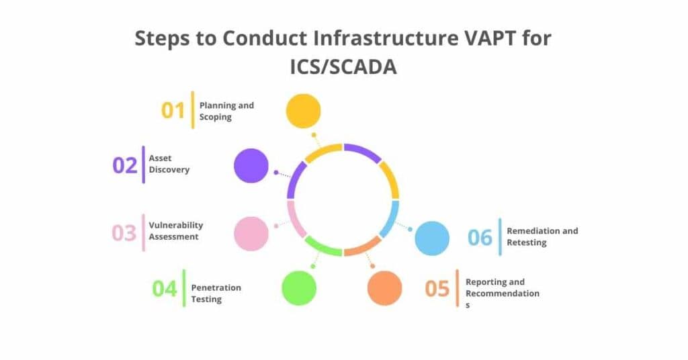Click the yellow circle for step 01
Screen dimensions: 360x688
[x=303, y=111]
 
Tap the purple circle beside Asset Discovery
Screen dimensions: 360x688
[x=251, y=165]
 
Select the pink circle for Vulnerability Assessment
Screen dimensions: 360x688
[x=251, y=234]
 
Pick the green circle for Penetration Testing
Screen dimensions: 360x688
[x=299, y=288]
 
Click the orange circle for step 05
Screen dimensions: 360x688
[x=384, y=288]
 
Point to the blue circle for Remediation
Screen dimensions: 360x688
[x=431, y=238]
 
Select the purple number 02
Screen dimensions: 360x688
[x=125, y=165]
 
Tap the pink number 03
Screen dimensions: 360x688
[x=124, y=233]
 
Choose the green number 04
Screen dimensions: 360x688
[x=165, y=289]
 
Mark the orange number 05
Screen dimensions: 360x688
[x=437, y=289]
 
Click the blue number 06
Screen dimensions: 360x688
[x=480, y=237]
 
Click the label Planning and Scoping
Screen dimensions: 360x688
[x=226, y=111]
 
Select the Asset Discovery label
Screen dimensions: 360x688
[x=169, y=164]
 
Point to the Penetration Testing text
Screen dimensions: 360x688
[x=216, y=293]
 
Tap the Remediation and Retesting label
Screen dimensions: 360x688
[x=542, y=236]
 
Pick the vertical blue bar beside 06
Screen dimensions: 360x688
[x=500, y=237]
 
